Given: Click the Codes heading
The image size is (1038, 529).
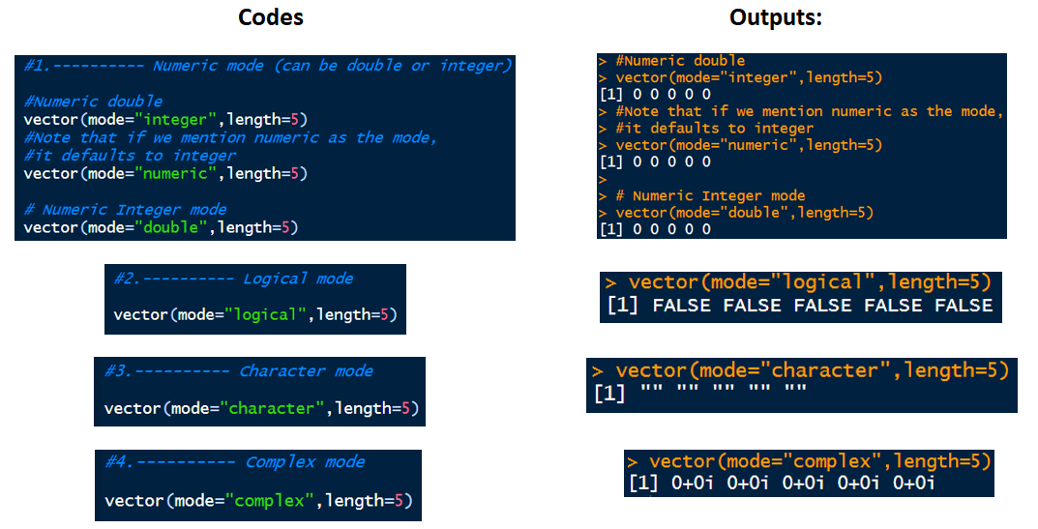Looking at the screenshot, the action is click(x=271, y=17).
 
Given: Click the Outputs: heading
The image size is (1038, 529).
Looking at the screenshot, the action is click(x=775, y=17).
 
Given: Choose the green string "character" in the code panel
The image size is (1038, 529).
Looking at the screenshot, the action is click(x=272, y=408).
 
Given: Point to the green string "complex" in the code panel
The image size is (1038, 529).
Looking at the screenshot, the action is click(x=270, y=501).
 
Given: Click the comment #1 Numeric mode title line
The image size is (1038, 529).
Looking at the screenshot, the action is click(x=268, y=66).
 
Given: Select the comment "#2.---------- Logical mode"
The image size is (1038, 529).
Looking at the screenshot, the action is click(x=233, y=279).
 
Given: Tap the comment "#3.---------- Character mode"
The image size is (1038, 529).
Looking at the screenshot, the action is click(x=238, y=371).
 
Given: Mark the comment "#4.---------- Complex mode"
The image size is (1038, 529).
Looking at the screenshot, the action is click(x=235, y=462).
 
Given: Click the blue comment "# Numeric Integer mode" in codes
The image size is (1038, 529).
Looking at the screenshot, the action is click(x=125, y=210).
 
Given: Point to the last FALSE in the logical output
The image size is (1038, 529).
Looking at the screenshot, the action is click(x=964, y=306).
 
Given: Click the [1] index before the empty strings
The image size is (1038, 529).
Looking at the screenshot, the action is click(x=609, y=395).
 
